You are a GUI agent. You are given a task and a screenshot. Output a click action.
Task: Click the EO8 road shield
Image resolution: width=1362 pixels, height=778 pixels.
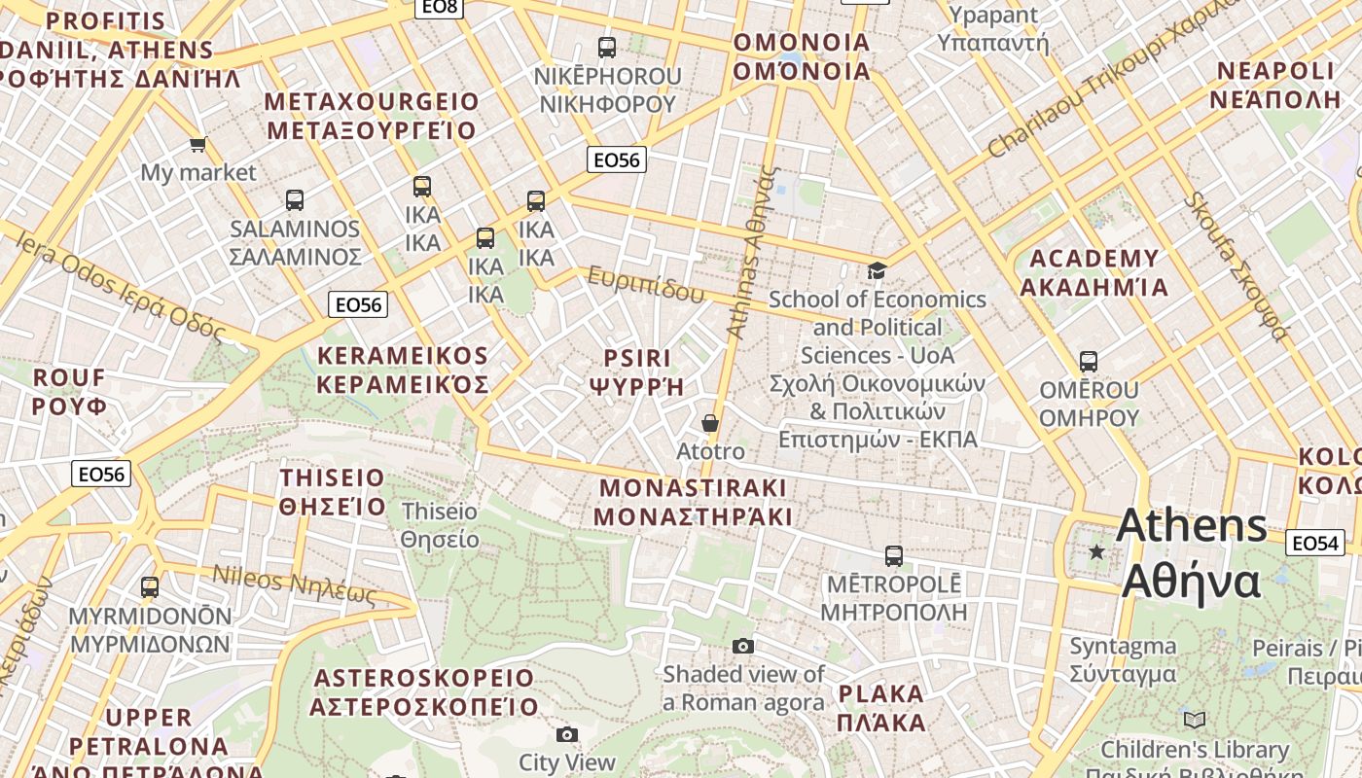[x=439, y=7]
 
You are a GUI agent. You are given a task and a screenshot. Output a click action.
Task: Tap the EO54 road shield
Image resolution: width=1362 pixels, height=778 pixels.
[x=1314, y=543]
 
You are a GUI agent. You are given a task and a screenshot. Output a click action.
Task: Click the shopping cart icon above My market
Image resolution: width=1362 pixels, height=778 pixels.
[x=197, y=145]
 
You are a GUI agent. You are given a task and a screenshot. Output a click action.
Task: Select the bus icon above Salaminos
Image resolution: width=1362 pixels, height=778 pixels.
[x=295, y=200]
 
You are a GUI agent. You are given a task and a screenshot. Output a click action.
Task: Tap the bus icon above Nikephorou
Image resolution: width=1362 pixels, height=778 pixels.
[x=607, y=47]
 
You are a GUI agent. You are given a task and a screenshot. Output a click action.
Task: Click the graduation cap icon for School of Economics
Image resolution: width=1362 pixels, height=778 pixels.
[x=877, y=270]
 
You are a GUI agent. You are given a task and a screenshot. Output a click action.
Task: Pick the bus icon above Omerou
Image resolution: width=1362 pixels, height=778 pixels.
[x=1089, y=362]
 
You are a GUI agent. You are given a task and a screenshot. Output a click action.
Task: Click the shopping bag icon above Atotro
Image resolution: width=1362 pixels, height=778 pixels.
[x=710, y=423]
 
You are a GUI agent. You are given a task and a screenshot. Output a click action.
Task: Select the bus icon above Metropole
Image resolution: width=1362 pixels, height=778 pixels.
[x=894, y=556]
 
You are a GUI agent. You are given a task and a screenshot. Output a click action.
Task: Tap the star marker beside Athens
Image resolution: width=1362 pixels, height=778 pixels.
[x=1096, y=552]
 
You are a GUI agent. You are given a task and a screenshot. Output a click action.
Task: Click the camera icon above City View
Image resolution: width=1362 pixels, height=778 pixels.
[x=567, y=734]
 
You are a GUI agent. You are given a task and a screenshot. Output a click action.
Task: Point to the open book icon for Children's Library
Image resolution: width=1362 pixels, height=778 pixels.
[x=1194, y=721]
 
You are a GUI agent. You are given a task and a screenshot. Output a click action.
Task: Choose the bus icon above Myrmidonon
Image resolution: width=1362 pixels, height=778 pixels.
[x=150, y=587]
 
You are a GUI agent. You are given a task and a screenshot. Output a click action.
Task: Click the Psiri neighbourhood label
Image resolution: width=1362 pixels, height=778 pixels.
[x=637, y=371]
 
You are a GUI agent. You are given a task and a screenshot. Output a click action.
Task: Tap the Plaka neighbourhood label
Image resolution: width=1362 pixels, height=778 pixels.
[x=881, y=708]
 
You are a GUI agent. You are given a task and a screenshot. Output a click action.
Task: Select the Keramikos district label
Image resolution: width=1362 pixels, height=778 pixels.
[x=402, y=370]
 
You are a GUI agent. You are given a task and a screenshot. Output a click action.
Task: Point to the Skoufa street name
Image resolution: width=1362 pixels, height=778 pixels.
[x=1236, y=265]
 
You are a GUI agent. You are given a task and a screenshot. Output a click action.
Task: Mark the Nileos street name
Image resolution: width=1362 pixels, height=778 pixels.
[x=294, y=583]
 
